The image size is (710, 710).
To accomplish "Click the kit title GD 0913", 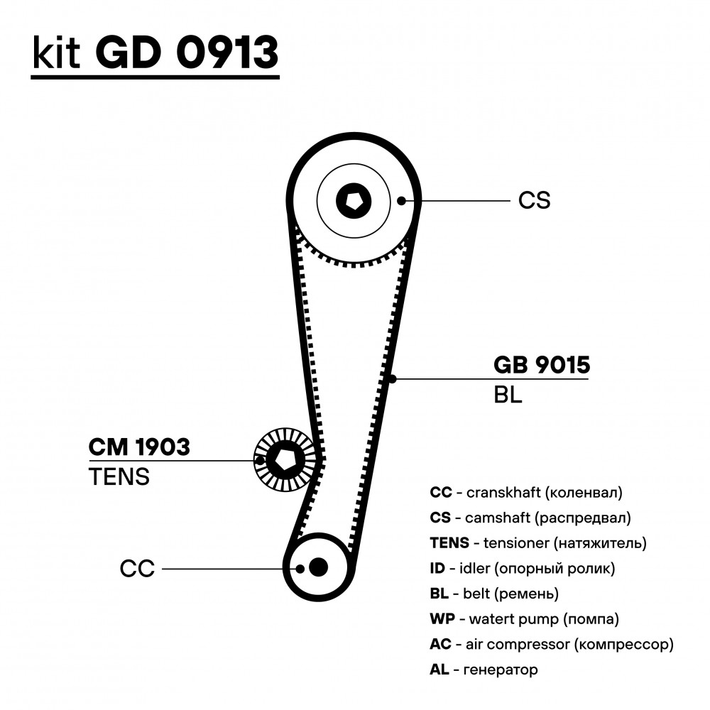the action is click(x=187, y=52).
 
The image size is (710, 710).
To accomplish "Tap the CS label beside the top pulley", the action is click(x=535, y=200).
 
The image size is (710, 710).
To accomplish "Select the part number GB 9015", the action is click(x=542, y=365).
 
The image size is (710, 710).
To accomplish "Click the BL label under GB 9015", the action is click(x=508, y=395).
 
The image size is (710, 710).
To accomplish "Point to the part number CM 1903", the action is click(x=139, y=447).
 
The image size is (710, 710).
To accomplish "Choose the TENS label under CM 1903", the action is click(x=119, y=477).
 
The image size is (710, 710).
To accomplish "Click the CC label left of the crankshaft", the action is click(x=137, y=569).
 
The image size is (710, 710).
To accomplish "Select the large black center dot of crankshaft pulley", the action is click(x=318, y=567).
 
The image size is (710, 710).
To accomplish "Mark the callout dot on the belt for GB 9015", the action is click(x=393, y=378).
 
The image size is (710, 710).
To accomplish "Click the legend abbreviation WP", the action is click(x=442, y=618).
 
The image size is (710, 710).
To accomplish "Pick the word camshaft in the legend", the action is click(x=498, y=518).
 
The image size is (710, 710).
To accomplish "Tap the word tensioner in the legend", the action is click(x=516, y=543).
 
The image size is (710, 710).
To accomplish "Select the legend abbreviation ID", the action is click(x=437, y=568).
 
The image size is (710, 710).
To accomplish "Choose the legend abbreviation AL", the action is click(x=439, y=670).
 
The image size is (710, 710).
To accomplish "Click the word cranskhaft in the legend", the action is click(x=503, y=492).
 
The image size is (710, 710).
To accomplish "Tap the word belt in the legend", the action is click(x=476, y=593).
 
